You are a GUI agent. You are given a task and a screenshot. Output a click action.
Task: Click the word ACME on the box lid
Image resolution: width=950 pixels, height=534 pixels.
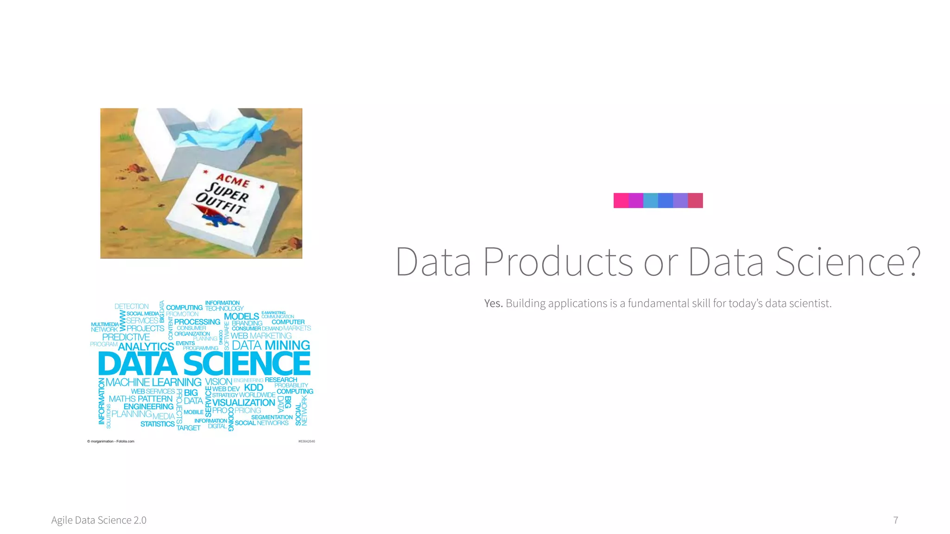[233, 180]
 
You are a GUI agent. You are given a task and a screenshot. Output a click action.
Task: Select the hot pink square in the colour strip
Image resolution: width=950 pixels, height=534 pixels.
[621, 201]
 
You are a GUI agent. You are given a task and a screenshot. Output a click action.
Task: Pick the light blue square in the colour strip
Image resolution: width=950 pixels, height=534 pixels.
[650, 201]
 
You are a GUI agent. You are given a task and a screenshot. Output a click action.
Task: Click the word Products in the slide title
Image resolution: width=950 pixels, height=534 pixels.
[558, 262]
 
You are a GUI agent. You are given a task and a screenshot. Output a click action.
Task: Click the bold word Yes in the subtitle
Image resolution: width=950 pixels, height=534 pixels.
[493, 303]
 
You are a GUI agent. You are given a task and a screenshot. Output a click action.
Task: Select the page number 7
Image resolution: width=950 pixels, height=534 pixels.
[896, 520]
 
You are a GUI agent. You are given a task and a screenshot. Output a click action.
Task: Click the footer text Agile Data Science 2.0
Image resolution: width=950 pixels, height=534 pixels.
[99, 520]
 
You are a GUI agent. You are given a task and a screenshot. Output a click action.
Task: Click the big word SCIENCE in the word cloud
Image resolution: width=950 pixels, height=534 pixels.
[247, 364]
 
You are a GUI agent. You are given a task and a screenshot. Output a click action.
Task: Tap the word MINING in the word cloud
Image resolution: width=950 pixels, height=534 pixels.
[287, 345]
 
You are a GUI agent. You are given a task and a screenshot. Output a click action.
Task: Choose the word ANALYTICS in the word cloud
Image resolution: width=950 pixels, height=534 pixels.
[146, 347]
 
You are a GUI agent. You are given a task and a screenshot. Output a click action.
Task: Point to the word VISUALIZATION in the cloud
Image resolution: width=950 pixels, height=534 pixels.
[244, 402]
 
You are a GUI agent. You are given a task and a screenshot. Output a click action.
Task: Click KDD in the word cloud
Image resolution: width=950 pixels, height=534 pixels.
[253, 388]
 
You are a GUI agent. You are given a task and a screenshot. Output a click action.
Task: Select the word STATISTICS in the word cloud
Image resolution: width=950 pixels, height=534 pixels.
[157, 424]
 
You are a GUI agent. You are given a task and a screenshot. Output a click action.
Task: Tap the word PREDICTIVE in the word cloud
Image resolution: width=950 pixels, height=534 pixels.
[126, 337]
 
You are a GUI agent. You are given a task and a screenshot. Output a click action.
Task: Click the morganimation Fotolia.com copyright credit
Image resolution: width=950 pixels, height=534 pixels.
[111, 441]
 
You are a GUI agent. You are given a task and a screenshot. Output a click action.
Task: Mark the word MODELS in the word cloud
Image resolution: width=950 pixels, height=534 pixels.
[241, 317]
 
